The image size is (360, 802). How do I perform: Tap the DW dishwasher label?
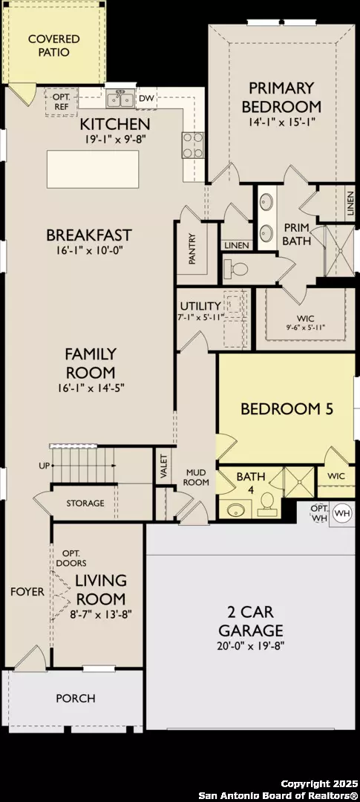coord(145,98)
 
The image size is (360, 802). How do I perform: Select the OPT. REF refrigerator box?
coord(62,102)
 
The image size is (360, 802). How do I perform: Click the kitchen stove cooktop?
coord(192,146)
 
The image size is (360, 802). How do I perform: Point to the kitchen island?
coord(93,169)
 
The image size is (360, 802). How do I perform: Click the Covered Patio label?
coord(53,45)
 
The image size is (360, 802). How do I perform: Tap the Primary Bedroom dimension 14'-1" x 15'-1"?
coord(282,122)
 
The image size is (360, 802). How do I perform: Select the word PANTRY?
coord(192,249)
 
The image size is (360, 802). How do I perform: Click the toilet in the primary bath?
coord(237,269)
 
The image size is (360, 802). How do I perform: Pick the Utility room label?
coord(200,306)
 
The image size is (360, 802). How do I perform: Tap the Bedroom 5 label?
coord(287,408)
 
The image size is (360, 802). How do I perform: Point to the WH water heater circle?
coord(343,512)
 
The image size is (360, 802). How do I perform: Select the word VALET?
coord(164,466)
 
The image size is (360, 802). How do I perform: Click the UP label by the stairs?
coord(45,466)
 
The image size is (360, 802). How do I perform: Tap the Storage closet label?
coord(85,503)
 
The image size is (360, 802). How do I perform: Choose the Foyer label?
coord(27,592)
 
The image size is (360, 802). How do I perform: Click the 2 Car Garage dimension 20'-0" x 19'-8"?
coord(251,645)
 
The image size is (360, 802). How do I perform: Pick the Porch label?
coord(76,698)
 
